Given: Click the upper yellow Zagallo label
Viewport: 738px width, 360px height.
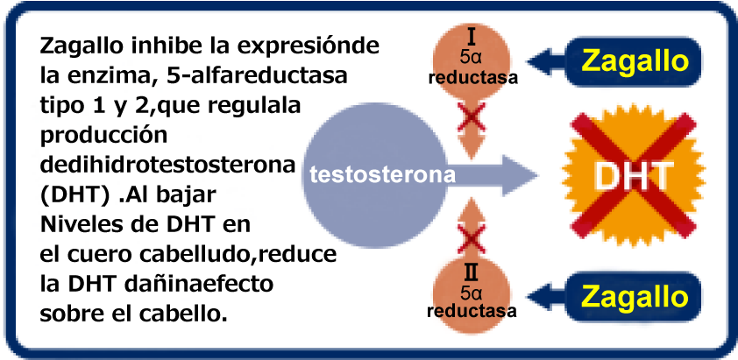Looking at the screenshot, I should tap(635, 60).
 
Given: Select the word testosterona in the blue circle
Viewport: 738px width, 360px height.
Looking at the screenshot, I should tap(381, 174).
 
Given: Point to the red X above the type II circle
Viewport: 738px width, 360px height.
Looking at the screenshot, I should tap(473, 236).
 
